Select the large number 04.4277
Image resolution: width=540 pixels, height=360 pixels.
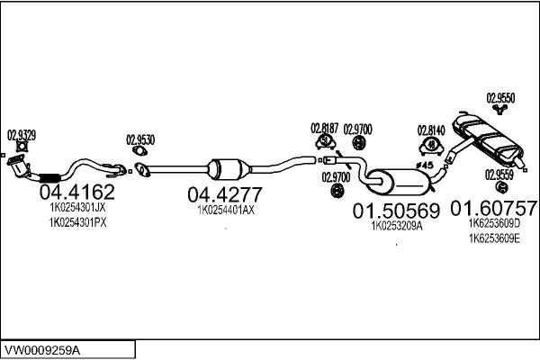tap(224, 195)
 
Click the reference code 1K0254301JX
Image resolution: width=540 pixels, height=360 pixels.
tap(77, 207)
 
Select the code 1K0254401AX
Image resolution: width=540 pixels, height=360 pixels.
tap(226, 211)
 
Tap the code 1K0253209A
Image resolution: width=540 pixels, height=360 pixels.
tap(396, 227)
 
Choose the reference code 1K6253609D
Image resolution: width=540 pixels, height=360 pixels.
tap(494, 223)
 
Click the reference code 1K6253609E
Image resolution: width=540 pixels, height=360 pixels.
tap(494, 238)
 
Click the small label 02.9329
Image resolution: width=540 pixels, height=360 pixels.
tap(22, 135)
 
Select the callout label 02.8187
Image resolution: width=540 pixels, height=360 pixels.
tap(324, 129)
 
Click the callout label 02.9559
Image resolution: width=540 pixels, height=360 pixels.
tap(500, 175)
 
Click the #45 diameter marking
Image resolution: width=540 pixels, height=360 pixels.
tap(426, 166)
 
